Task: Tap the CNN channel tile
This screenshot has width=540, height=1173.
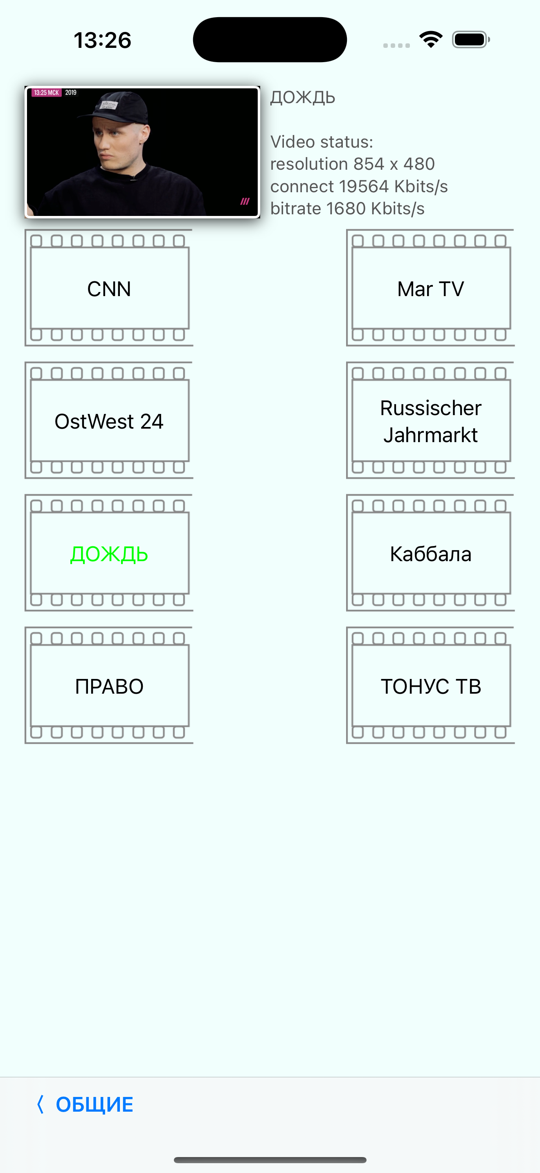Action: [109, 288]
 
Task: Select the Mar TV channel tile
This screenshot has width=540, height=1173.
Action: [430, 288]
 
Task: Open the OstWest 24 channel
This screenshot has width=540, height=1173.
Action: [109, 421]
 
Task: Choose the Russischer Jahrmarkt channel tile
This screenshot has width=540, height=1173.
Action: [430, 421]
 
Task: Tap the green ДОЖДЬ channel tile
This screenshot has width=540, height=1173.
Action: [109, 553]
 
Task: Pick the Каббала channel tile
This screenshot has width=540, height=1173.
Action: [430, 553]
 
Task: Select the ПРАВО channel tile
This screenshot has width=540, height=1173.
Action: [109, 686]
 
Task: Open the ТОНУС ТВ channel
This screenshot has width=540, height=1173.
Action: [430, 686]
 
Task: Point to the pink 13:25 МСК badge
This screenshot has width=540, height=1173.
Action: [46, 93]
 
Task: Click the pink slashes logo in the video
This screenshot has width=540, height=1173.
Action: [245, 201]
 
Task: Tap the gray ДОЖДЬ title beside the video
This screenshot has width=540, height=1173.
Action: [303, 97]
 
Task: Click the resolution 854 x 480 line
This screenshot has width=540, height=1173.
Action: [352, 164]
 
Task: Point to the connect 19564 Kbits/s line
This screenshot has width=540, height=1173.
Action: [359, 186]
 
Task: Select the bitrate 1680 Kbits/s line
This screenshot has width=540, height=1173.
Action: [347, 209]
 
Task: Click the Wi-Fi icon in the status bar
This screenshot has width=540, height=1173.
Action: [431, 39]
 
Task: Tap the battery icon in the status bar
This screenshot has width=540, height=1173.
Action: [471, 40]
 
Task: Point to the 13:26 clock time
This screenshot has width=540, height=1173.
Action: [102, 40]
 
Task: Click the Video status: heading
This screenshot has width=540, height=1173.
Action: [322, 142]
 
